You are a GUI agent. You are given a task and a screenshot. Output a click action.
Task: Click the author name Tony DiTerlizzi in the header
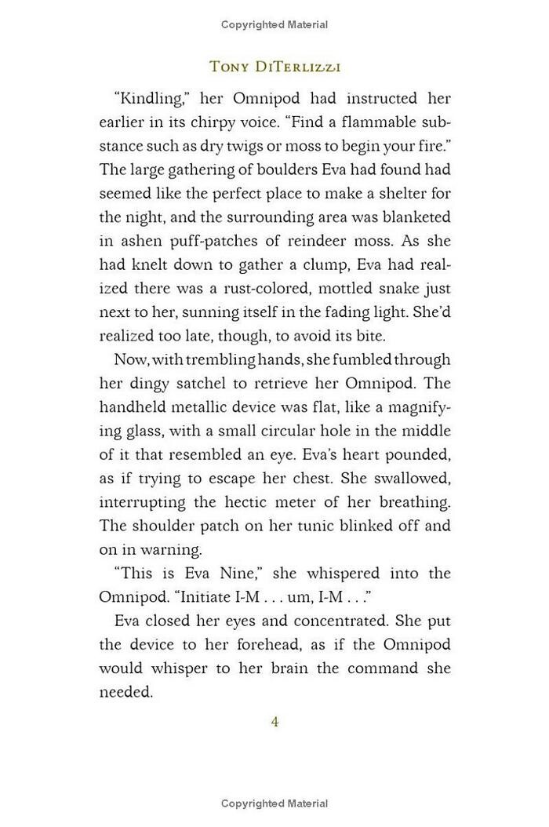point(274,66)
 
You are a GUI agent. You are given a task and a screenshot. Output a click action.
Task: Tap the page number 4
point(274,721)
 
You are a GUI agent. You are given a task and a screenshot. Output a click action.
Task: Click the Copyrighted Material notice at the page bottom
point(274,803)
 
